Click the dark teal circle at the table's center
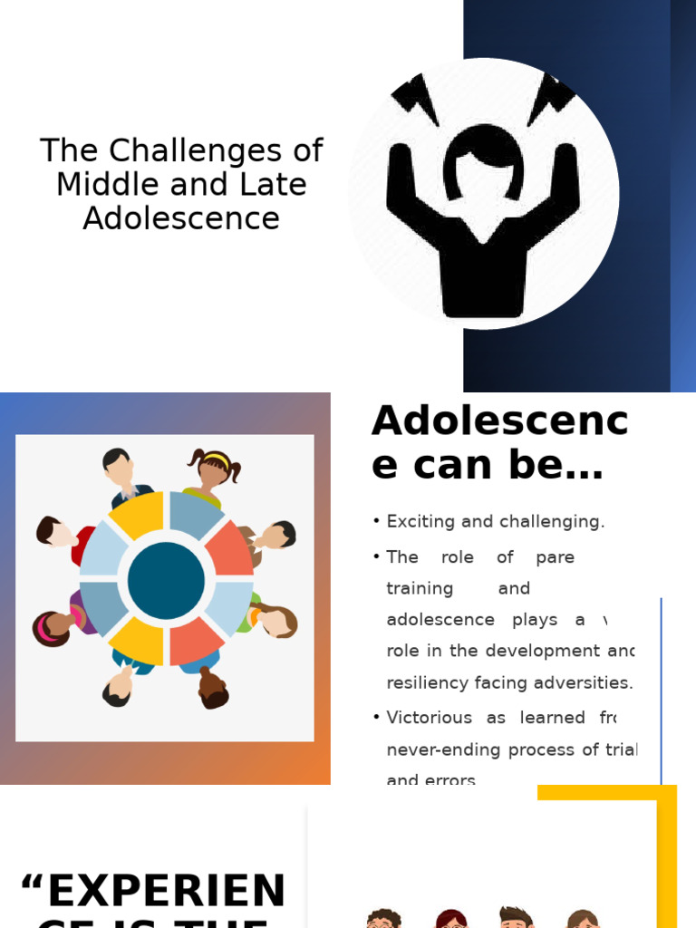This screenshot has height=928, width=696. tap(166, 581)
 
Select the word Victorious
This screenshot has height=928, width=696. tap(431, 718)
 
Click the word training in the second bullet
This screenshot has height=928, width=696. tap(420, 588)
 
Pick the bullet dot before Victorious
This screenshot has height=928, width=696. tap(376, 718)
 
